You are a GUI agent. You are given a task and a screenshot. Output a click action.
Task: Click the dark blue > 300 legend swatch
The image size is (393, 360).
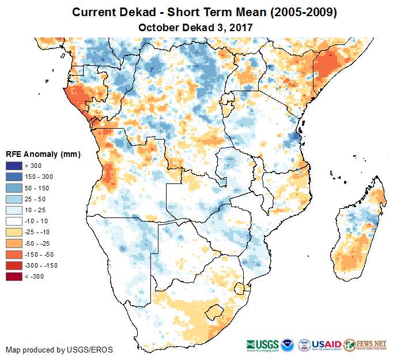click(14, 166)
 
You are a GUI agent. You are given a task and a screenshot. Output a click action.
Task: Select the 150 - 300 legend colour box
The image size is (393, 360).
click(14, 177)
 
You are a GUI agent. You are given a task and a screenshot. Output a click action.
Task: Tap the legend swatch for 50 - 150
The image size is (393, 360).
click(14, 187)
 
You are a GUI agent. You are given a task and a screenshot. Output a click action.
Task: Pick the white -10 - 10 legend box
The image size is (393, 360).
click(14, 221)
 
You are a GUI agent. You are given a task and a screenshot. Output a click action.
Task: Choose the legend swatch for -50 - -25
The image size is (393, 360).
click(14, 243)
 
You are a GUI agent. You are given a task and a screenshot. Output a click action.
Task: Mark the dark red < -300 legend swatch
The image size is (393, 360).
click(14, 276)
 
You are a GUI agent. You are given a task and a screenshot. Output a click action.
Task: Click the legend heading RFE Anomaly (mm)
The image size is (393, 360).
click(43, 154)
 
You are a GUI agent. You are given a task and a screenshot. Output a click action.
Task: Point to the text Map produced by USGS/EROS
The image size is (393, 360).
click(59, 350)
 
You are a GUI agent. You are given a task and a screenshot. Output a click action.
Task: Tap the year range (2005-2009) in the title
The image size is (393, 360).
click(300, 12)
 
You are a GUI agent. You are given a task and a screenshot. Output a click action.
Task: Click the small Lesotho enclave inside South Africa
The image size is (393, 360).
click(218, 312)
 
